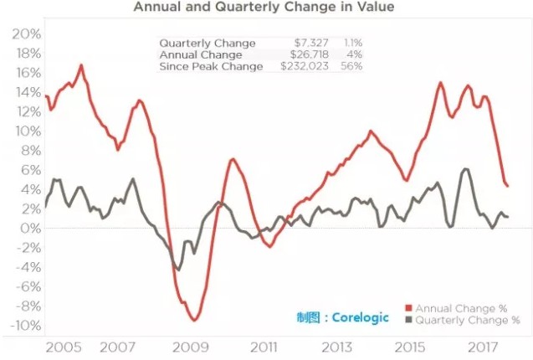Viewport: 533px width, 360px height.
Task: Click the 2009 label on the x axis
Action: (191, 347)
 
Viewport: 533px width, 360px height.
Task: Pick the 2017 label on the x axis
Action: (483, 347)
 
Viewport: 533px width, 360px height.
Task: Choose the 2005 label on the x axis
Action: (64, 347)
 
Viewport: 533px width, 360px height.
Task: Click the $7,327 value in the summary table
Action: (310, 43)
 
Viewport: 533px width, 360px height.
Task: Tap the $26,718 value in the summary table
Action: (308, 54)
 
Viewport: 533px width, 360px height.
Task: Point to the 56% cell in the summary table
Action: (351, 66)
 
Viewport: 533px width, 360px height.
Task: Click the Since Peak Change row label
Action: (211, 66)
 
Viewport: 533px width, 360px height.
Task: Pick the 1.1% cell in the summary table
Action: (351, 43)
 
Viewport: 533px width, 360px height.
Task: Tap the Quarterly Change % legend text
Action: (468, 320)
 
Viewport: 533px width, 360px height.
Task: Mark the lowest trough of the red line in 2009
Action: (194, 320)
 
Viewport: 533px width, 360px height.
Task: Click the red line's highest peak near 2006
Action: (81, 65)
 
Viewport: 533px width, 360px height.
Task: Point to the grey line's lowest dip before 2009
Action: (177, 270)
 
